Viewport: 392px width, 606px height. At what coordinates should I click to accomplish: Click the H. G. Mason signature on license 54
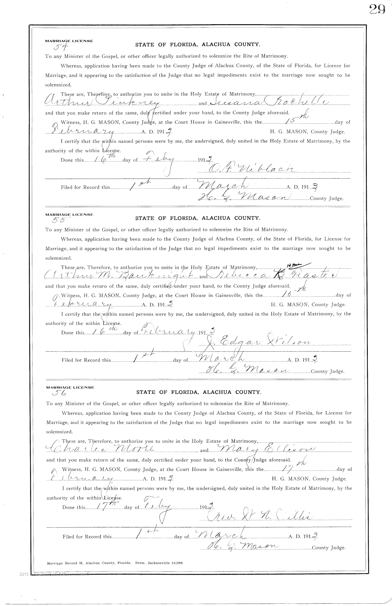[x=243, y=197]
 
